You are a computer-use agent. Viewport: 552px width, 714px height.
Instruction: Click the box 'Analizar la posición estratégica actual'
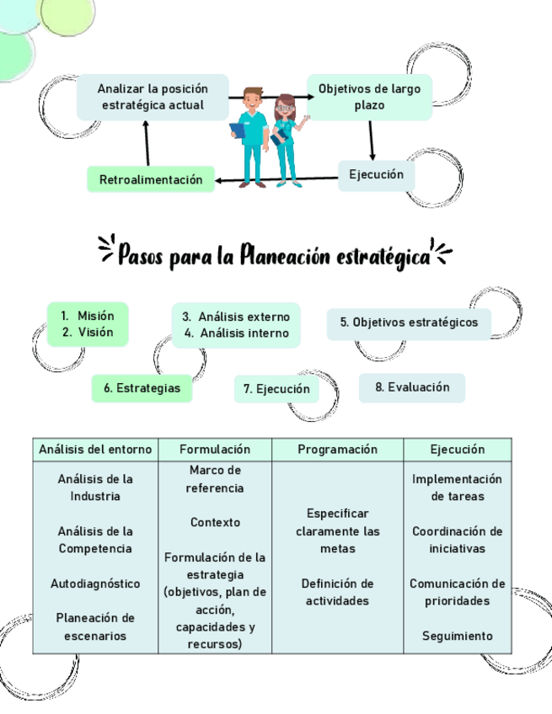point(152,97)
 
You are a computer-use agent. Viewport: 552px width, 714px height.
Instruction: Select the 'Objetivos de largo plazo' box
point(369,97)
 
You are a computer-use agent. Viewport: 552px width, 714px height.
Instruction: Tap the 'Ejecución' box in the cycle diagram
point(376,175)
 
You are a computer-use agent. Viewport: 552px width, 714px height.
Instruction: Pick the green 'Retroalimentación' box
point(151,179)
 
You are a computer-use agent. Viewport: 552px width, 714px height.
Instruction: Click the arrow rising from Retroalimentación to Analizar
point(147,143)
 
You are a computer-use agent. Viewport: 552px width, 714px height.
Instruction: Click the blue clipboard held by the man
point(238,131)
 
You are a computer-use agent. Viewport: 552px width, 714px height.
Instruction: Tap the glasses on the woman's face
point(285,108)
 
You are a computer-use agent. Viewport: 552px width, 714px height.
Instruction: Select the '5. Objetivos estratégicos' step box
point(409,322)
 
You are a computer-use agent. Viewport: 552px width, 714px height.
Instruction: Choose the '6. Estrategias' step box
point(142,388)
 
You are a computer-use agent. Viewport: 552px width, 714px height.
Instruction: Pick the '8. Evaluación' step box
point(412,387)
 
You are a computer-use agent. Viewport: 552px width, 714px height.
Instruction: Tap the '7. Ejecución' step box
point(276,389)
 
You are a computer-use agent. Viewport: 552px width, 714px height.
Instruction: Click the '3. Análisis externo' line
point(236,317)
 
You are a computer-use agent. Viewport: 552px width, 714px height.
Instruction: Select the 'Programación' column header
point(337,450)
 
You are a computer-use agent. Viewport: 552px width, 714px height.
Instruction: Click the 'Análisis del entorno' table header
point(95,450)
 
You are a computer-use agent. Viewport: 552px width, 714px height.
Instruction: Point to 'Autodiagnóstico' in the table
point(95,583)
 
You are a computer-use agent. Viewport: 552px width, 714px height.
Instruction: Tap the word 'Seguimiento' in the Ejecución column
point(457,636)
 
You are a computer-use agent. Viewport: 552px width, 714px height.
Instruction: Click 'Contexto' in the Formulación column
point(215,522)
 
